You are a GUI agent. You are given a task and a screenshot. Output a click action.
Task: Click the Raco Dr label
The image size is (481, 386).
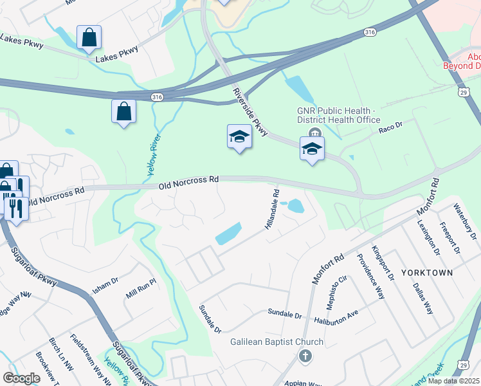point(390,128)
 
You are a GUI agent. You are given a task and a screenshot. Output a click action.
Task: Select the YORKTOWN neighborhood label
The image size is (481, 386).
point(427,273)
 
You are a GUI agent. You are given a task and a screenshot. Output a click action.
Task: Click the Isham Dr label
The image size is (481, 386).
point(105,286)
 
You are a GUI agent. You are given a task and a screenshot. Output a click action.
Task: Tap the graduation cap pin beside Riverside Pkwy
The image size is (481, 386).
point(239,137)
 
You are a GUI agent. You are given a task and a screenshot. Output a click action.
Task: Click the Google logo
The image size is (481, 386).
point(21,378)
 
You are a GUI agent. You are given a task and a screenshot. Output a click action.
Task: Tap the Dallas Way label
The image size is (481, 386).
point(423,297)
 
